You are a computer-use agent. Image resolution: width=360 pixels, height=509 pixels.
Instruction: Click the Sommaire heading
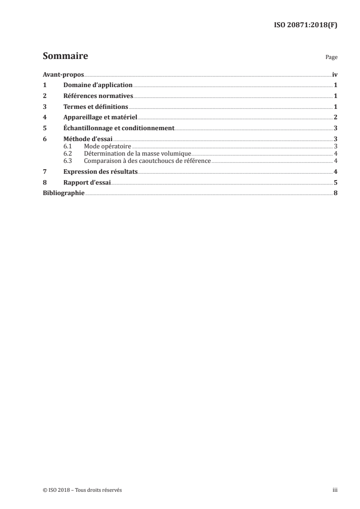click(x=65, y=56)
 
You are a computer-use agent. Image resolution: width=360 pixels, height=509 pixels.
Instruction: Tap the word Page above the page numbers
click(x=331, y=58)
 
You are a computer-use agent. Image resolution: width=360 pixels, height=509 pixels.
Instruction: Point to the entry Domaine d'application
click(x=98, y=85)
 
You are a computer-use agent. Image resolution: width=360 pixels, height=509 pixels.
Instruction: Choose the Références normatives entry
click(x=98, y=96)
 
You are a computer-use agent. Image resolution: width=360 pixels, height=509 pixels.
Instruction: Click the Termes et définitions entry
click(x=96, y=107)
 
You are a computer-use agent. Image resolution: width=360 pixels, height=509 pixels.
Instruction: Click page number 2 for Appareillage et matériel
click(x=335, y=117)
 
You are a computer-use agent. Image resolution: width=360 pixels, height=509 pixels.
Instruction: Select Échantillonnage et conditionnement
click(x=119, y=128)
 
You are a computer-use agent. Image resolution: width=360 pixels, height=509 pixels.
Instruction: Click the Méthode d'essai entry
click(x=88, y=139)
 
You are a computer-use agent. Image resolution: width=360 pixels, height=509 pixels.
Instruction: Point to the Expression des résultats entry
click(x=100, y=172)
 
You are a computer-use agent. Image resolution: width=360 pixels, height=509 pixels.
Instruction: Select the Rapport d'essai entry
click(x=87, y=183)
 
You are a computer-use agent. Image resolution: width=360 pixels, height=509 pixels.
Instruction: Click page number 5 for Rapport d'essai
click(x=335, y=183)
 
